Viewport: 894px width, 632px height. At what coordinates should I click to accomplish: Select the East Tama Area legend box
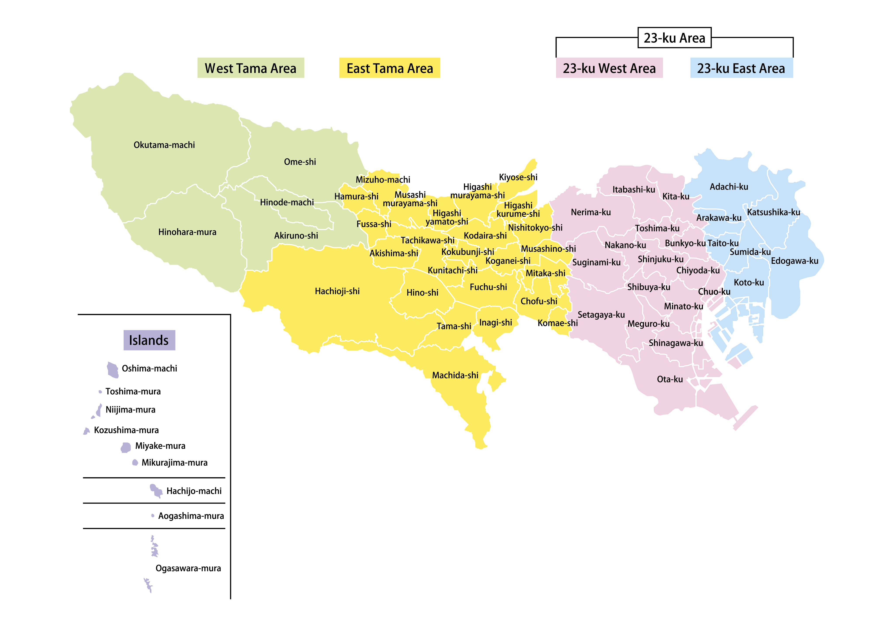click(389, 68)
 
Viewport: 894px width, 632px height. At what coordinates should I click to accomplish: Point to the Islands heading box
click(149, 340)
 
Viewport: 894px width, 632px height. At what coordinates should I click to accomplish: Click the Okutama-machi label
click(164, 145)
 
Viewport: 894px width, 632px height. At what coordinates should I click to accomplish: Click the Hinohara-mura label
click(187, 232)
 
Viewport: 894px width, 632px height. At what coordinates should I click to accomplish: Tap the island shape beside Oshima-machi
click(112, 370)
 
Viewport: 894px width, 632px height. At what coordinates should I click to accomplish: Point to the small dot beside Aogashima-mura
click(153, 516)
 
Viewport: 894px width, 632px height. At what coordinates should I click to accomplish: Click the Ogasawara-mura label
click(188, 568)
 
